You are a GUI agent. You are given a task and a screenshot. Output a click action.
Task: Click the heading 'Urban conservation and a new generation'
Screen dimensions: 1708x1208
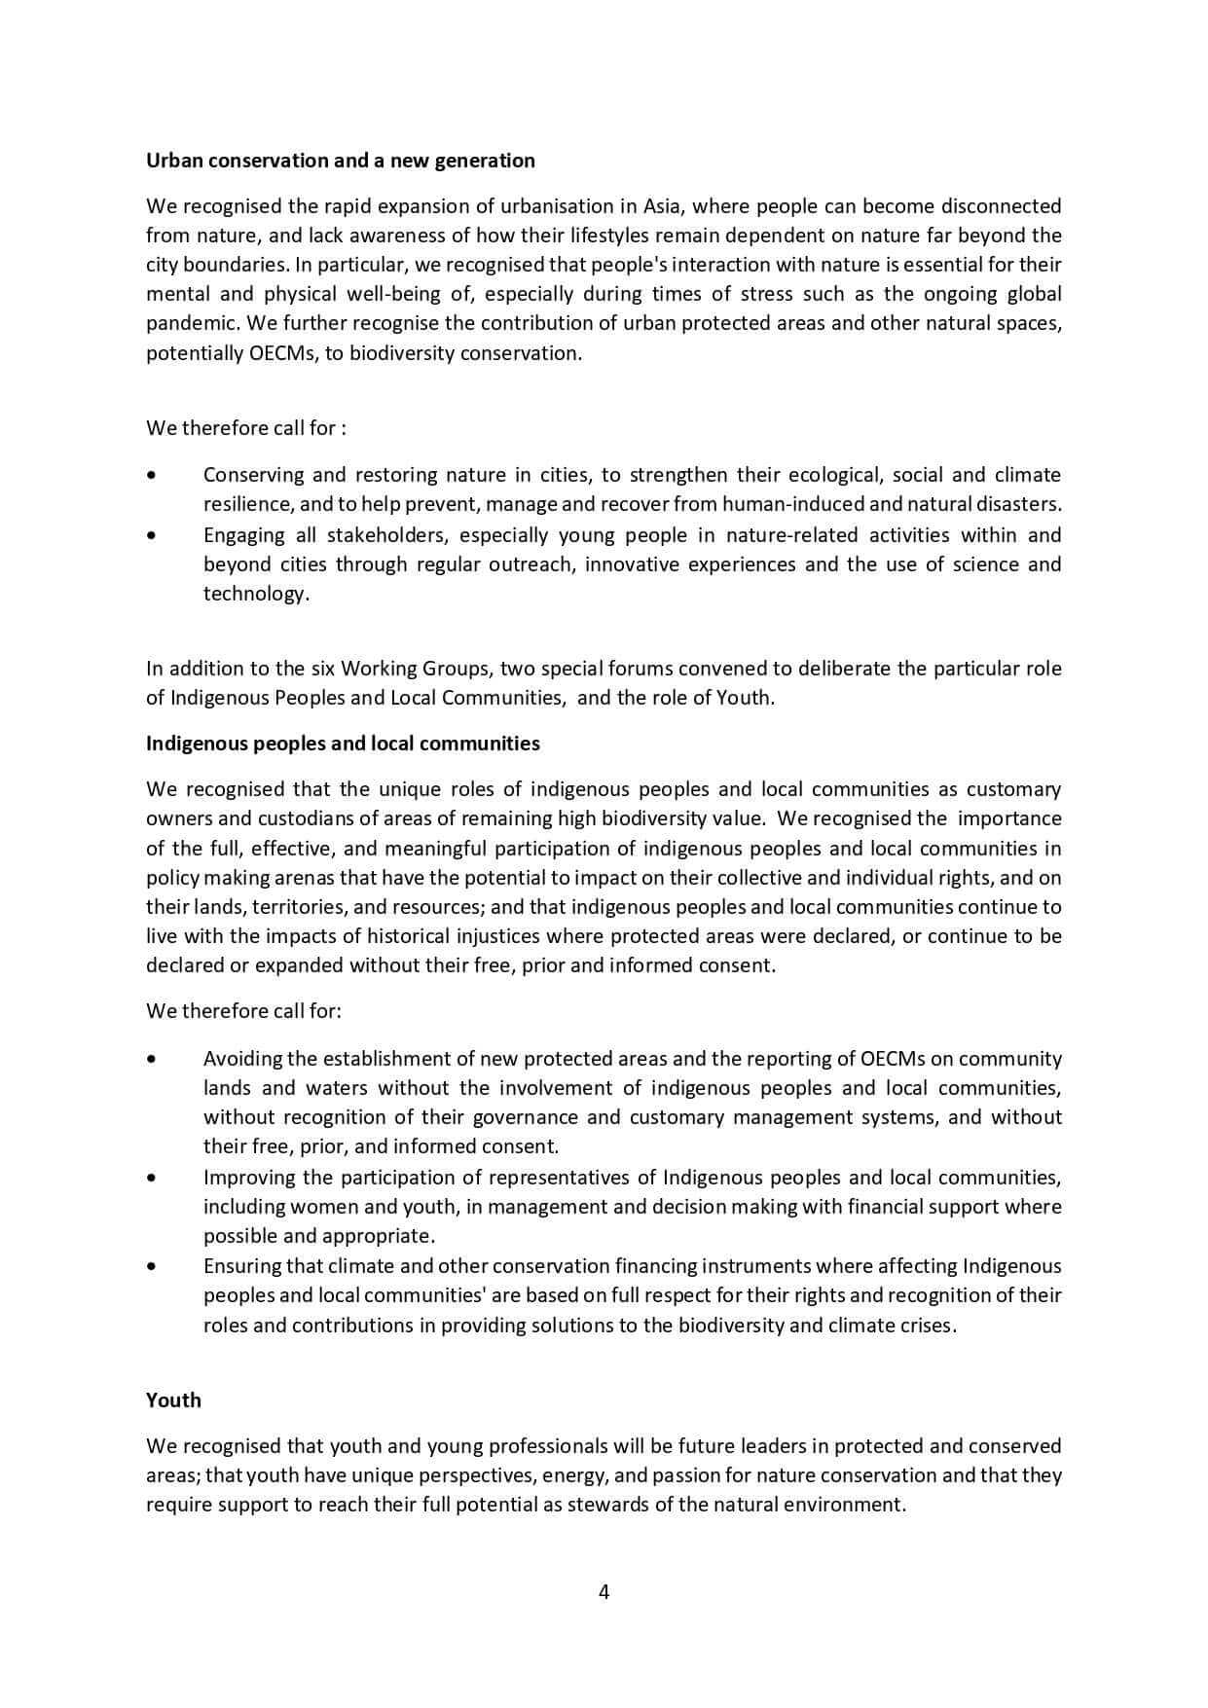(340, 161)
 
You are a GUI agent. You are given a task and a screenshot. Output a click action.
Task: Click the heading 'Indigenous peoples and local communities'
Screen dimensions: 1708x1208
(343, 744)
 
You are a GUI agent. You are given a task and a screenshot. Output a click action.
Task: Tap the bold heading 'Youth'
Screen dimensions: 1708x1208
(173, 1400)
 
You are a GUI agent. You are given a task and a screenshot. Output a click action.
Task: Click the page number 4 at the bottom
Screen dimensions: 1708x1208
(604, 1592)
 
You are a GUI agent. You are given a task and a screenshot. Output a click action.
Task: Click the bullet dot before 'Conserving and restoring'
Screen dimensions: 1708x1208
(150, 476)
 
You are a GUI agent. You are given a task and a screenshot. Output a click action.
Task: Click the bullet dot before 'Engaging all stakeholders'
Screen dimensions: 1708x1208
(150, 535)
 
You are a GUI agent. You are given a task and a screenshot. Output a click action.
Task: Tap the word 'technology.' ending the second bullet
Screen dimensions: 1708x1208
(256, 595)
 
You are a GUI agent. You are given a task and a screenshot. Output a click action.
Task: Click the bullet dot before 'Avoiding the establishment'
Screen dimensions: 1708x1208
(150, 1059)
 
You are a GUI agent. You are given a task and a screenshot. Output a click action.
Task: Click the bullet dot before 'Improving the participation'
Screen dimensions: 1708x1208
(150, 1178)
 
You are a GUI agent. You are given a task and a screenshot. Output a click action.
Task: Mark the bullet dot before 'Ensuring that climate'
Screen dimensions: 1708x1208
(150, 1266)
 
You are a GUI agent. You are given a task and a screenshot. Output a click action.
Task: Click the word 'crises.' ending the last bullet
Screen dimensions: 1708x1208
(927, 1326)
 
